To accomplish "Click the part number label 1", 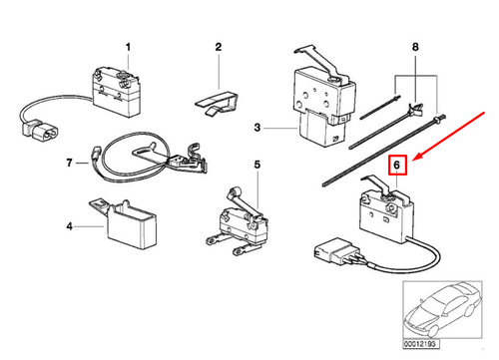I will click(x=127, y=46).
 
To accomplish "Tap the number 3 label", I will click(x=256, y=128).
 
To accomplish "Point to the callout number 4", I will click(x=71, y=226).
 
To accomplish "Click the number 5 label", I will click(x=255, y=165).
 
